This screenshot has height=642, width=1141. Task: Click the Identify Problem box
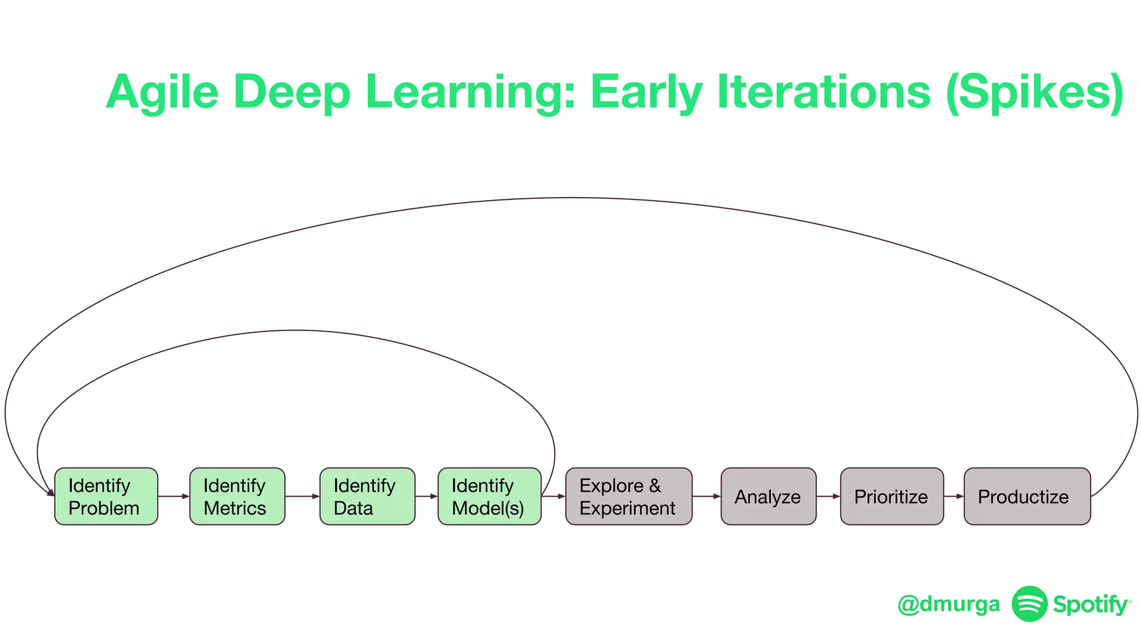coord(106,496)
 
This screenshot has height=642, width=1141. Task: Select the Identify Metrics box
coord(237,496)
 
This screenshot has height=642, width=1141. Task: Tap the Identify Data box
coord(367,496)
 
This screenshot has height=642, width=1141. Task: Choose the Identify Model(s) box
coord(489,496)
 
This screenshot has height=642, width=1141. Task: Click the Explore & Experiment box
coord(628,496)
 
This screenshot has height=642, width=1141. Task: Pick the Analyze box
coord(768,496)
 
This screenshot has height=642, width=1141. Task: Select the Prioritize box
coord(891,496)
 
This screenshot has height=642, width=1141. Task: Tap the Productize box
coord(1027,496)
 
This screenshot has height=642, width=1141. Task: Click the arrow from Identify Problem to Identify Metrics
coord(174,496)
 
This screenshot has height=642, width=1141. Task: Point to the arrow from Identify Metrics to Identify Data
coord(303,496)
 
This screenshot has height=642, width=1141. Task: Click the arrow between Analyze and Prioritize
coord(828,496)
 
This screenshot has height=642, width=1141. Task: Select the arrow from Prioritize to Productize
coord(954,496)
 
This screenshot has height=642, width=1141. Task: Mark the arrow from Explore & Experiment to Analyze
coord(706,496)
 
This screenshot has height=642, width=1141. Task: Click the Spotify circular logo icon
coord(1029,604)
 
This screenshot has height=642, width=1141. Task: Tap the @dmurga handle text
coord(949,604)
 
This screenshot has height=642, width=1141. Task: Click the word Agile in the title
coord(163,93)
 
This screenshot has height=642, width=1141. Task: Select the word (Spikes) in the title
coord(1035,93)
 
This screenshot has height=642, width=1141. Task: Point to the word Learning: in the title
coord(470,93)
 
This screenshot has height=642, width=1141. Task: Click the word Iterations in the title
coord(823,91)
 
